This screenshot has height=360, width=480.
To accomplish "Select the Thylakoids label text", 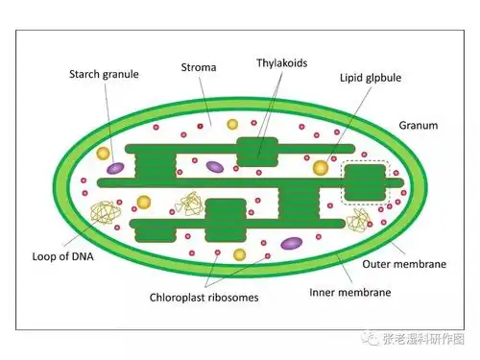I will coord(281,62).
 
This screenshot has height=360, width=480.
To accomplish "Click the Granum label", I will coord(418,125).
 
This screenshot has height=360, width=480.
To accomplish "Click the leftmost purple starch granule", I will coord(116,169).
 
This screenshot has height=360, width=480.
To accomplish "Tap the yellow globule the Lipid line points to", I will coord(320,168).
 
